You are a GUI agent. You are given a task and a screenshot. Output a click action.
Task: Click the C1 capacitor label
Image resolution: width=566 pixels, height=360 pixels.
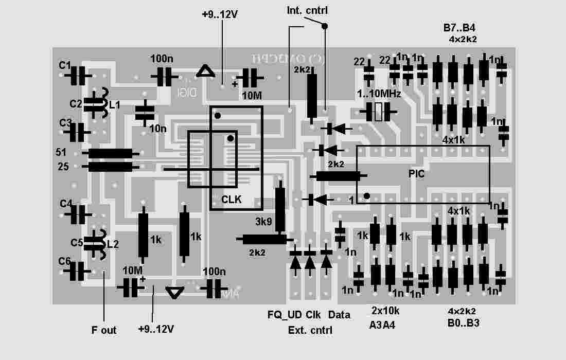[x=65, y=65]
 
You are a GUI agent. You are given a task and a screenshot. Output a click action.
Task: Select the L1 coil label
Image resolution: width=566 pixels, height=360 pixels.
[x=114, y=104]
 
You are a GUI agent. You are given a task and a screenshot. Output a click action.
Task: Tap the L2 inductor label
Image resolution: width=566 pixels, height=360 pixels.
[x=113, y=244]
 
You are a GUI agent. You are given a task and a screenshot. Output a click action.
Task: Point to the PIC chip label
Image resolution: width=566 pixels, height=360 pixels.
[x=416, y=174]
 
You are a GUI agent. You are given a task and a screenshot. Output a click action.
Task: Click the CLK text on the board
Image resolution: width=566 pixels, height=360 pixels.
[x=231, y=199]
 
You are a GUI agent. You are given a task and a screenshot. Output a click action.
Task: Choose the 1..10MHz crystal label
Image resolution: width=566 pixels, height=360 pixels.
[x=379, y=94]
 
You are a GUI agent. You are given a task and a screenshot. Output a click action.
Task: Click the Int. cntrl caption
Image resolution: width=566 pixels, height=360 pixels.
[x=307, y=10]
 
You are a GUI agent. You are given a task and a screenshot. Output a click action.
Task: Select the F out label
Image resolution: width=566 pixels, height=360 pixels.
[x=104, y=330]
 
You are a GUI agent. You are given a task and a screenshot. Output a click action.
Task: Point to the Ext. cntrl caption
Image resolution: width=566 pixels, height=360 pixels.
[x=310, y=330]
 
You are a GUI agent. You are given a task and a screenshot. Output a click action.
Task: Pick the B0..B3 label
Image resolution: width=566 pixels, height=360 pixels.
[x=464, y=323]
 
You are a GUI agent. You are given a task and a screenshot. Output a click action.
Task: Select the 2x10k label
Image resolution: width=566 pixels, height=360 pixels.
[x=385, y=311]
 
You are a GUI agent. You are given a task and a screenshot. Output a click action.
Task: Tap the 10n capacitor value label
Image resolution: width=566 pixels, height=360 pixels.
[x=158, y=128]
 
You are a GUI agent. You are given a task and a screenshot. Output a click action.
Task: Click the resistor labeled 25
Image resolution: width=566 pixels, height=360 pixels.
[x=110, y=167]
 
